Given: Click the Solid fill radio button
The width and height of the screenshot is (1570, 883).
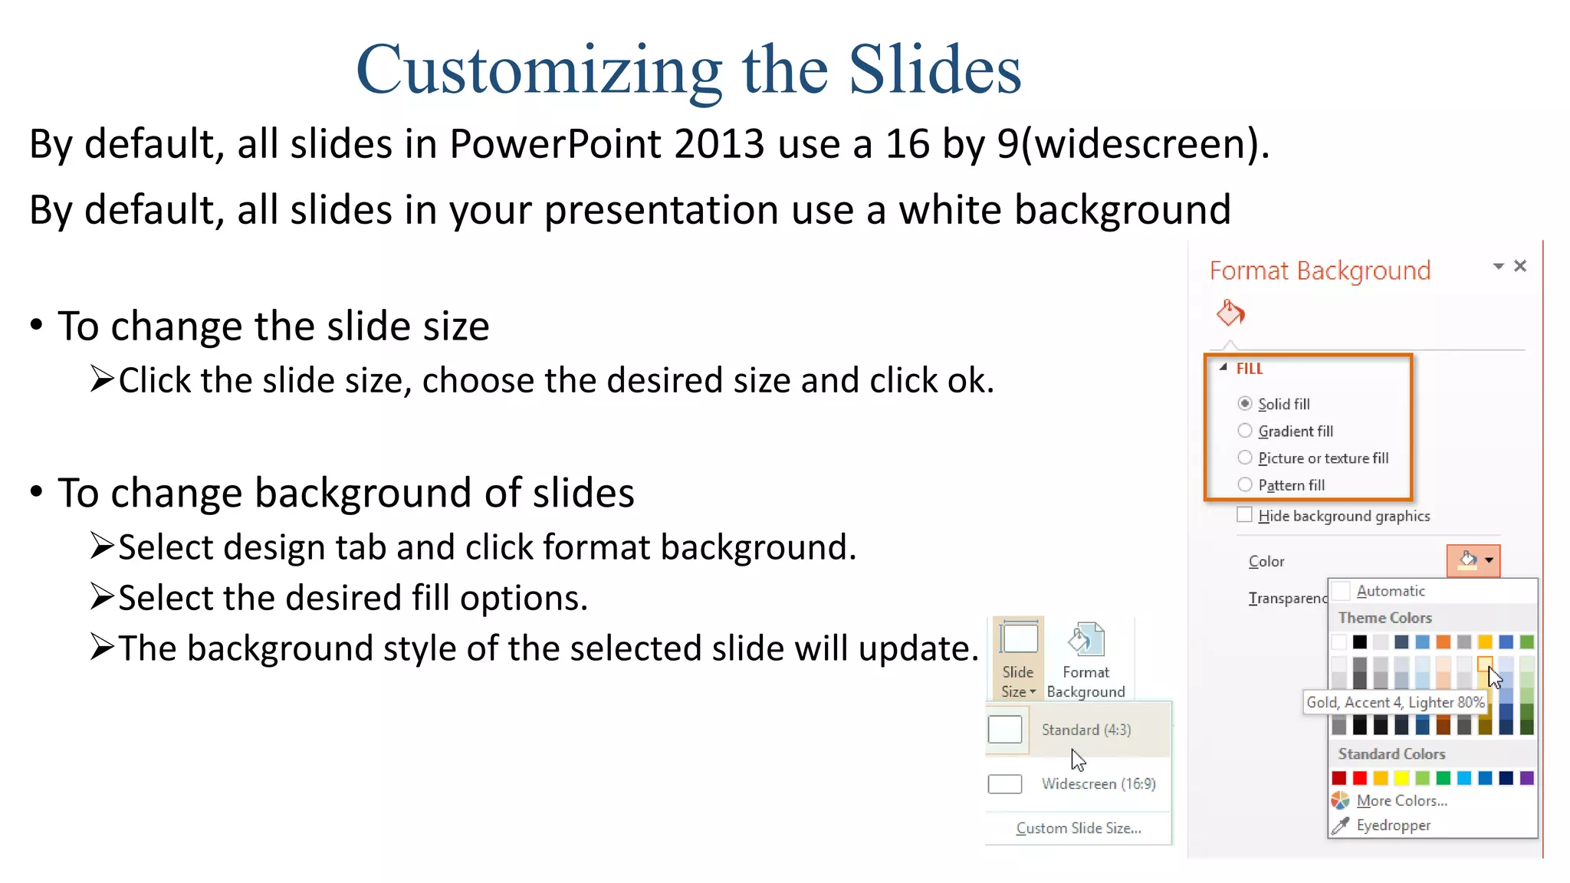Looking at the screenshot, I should click(1245, 403).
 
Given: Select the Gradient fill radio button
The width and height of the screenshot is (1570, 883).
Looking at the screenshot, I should click(1245, 431).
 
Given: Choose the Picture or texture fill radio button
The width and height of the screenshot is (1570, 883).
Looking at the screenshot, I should click(1245, 458).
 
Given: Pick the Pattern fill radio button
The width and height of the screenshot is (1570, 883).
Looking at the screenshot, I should click(1245, 484).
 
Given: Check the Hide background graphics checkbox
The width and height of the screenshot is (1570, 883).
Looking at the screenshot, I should click(1244, 515).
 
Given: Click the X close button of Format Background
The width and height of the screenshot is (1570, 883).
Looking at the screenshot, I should click(1520, 266).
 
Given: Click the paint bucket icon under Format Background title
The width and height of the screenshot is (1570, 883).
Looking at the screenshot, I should click(1230, 313).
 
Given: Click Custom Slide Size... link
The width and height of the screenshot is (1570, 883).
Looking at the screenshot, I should click(1078, 828).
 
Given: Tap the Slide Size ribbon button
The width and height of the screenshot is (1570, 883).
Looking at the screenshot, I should click(1018, 659).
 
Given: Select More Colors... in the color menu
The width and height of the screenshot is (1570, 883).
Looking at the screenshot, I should click(1401, 800).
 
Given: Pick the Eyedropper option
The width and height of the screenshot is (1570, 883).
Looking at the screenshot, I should click(1392, 825).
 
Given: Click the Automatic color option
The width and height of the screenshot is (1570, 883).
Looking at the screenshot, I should click(1390, 591).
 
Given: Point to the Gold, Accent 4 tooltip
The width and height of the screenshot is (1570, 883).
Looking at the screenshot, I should click(1394, 702).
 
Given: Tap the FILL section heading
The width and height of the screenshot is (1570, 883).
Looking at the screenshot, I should click(1249, 369).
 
